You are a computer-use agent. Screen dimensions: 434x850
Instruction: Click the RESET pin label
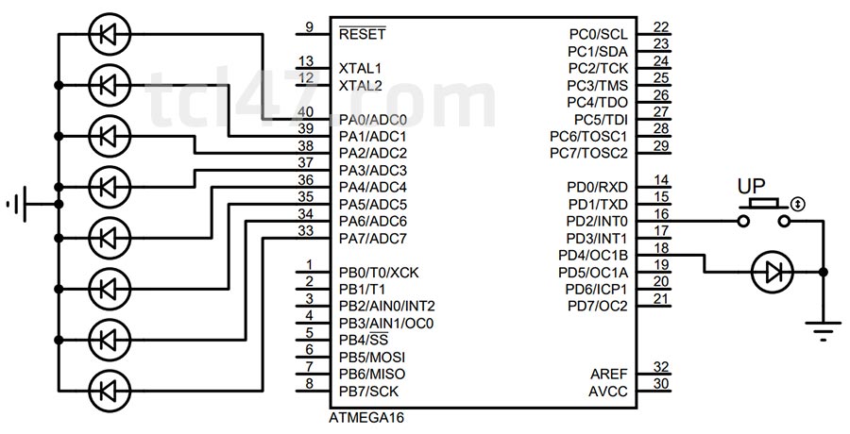point(362,34)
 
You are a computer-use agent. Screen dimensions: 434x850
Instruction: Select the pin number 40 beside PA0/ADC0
point(305,112)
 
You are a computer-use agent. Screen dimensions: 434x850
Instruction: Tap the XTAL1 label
point(360,69)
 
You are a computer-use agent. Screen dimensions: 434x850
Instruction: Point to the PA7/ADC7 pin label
point(372,238)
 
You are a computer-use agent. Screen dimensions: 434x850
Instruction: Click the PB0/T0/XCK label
point(378,273)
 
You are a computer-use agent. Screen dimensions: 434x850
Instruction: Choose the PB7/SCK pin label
point(368,391)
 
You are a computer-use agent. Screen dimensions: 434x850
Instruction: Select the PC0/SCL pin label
point(599,35)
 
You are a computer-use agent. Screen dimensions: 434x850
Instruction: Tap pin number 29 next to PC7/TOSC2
point(661,145)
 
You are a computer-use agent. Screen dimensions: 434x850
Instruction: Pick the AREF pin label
point(607,375)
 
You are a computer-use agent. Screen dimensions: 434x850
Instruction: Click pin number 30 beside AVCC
point(661,384)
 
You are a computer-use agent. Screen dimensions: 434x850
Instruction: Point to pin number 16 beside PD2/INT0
point(661,214)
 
